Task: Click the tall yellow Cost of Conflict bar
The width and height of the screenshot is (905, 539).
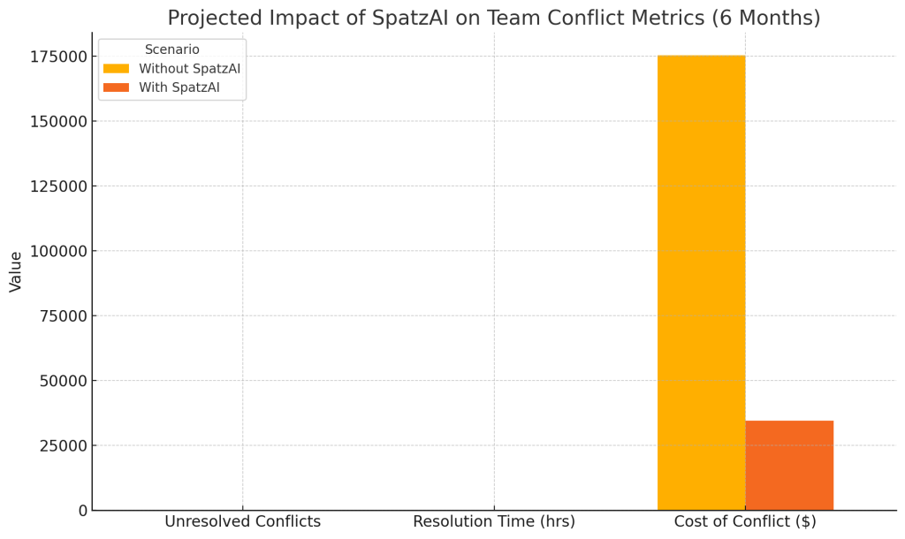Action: [701, 283]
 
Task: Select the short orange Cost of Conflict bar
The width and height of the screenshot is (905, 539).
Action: [789, 466]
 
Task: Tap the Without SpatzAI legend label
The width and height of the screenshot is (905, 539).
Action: [189, 69]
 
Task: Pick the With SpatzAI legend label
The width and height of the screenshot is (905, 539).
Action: [179, 87]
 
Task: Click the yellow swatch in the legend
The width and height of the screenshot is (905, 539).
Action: [116, 69]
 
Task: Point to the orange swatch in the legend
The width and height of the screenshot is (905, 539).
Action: [116, 87]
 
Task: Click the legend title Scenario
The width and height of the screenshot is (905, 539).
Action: [172, 49]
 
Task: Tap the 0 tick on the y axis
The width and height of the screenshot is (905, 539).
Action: [82, 510]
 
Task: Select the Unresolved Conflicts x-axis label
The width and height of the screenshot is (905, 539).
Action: [242, 522]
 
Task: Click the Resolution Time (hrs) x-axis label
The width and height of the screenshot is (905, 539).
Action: [494, 522]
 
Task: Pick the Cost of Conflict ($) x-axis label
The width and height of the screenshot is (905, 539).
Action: [745, 522]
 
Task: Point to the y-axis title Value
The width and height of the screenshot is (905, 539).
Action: [16, 271]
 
